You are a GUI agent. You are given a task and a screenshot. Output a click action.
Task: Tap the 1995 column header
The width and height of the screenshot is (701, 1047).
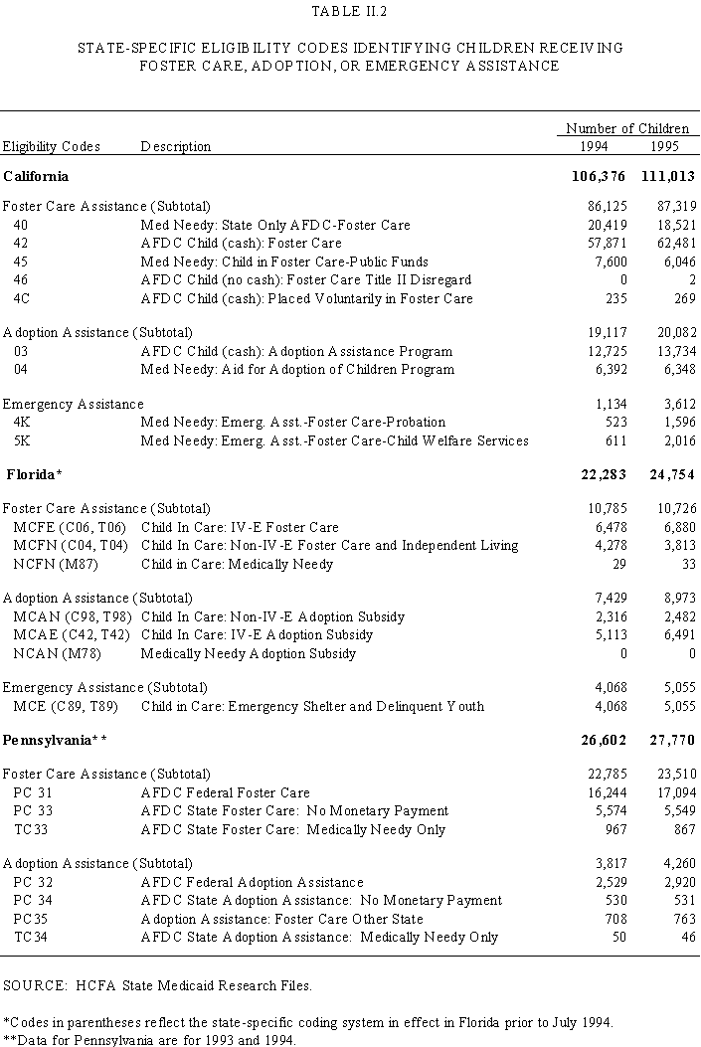pos(666,146)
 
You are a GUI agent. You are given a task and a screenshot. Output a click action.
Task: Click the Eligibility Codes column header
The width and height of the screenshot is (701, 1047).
pos(52,146)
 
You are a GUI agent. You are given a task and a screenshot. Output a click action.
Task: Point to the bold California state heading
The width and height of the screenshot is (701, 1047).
pos(36,176)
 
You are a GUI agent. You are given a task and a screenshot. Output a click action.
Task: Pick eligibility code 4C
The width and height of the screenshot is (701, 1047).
pos(22,298)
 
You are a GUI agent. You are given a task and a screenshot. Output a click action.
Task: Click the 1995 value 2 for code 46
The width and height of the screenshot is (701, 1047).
pos(692,280)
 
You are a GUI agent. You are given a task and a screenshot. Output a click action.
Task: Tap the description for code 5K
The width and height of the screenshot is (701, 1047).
pos(334,440)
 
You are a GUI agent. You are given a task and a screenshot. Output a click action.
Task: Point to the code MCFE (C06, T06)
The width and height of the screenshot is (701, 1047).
pos(70,527)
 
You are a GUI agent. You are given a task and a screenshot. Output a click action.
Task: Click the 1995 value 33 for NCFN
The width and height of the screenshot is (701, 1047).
pos(686,564)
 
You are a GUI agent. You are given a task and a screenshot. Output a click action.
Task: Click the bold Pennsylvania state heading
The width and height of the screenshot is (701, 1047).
pos(55,740)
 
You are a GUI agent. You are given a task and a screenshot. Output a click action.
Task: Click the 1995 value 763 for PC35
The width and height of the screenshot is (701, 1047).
pos(680,919)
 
